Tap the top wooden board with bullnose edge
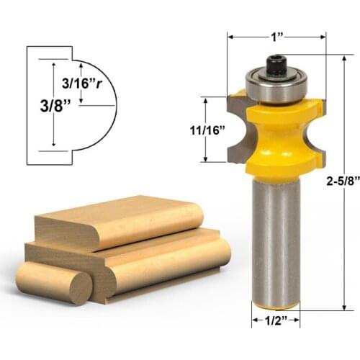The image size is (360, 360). click(115, 220)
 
